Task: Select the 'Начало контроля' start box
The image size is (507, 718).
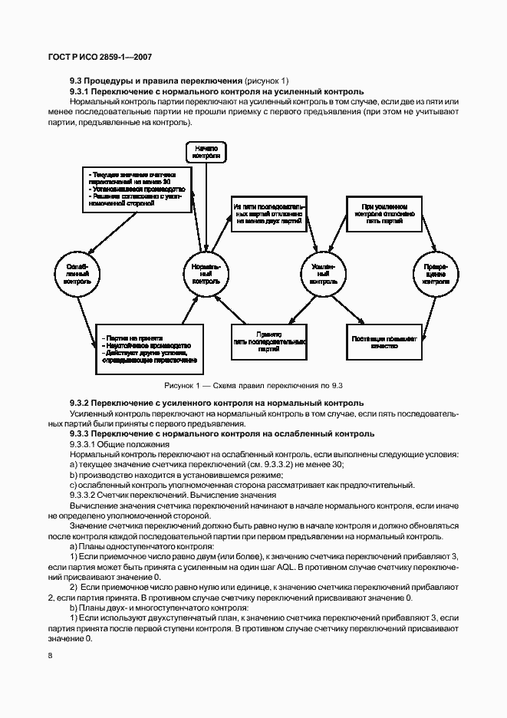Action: (206, 151)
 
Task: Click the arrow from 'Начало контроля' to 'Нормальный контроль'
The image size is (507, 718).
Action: (206, 207)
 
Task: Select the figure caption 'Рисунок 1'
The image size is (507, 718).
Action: (253, 384)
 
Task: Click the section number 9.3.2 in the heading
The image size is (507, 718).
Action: (81, 403)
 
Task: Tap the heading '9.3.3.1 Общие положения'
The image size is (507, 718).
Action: (119, 444)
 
